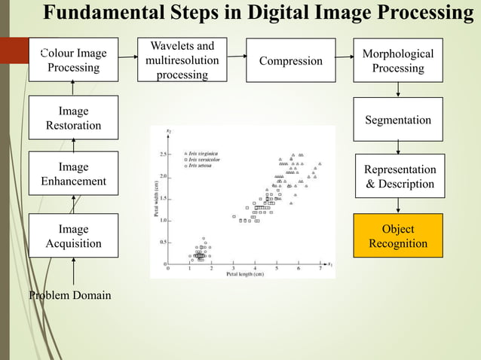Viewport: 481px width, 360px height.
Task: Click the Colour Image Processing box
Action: [73, 60]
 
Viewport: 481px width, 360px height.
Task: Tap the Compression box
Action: [290, 60]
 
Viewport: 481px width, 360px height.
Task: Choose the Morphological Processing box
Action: [397, 60]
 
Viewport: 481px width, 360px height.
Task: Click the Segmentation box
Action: [397, 120]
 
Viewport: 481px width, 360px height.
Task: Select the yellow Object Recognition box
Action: [397, 236]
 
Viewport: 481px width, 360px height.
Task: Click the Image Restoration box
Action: [73, 117]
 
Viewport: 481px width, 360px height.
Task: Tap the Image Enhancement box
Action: [73, 174]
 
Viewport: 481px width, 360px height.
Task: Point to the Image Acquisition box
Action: [73, 236]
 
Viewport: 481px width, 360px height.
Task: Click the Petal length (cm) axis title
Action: [245, 273]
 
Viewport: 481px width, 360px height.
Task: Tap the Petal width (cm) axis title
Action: [156, 198]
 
